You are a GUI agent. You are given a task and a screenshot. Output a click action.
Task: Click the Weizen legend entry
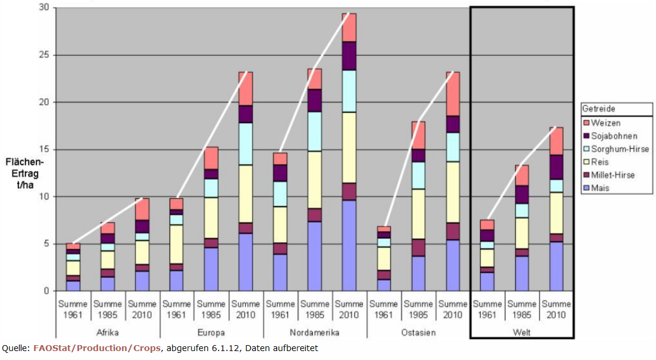coord(607,123)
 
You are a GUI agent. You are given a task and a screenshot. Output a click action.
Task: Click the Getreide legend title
coord(599,109)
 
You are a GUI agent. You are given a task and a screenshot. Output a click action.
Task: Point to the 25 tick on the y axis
coord(43,55)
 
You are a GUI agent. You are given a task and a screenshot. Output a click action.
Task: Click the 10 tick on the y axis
coord(43,197)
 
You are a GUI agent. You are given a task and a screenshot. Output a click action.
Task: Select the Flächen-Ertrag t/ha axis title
coord(24,173)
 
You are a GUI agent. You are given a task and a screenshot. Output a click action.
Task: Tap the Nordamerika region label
coord(315,331)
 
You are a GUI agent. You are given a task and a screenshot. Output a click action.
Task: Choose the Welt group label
coord(522,331)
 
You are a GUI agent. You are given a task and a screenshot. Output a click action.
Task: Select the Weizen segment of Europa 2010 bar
coord(245,89)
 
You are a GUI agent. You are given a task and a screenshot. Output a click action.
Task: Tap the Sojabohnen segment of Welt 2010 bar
coord(555,167)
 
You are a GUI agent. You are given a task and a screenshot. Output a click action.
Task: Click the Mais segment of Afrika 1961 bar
coord(73,286)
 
